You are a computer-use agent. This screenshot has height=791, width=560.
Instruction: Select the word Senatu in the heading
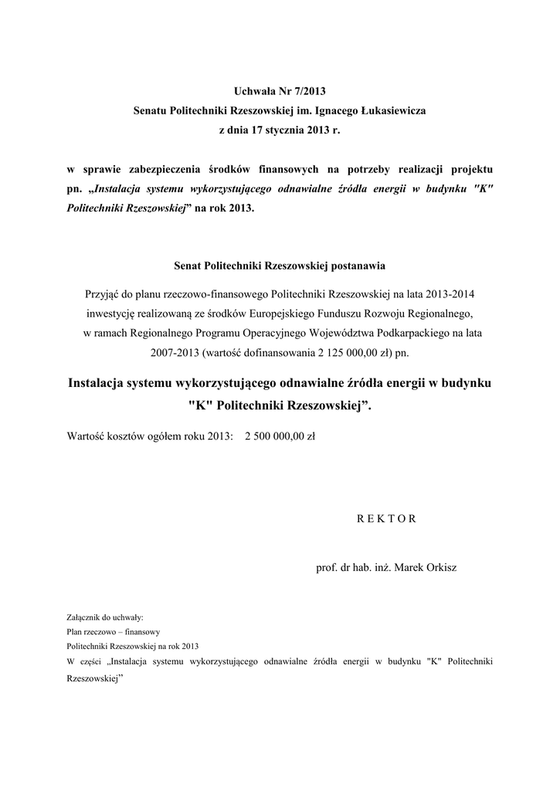coord(151,111)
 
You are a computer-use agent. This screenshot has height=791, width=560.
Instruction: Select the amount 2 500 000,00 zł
coord(280,436)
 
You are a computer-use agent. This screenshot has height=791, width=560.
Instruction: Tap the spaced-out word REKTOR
coord(387,518)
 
